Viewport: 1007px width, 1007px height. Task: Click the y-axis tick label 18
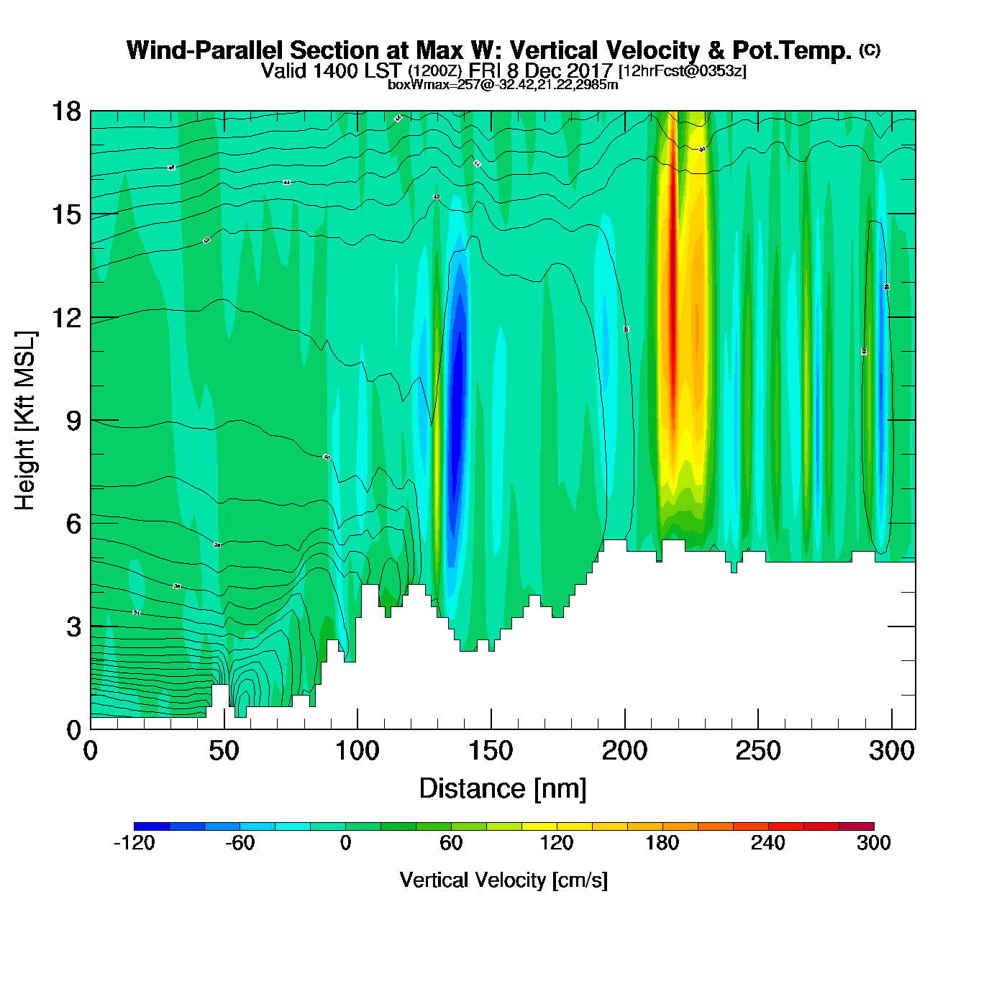pos(65,111)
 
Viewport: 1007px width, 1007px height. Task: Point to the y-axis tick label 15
pos(65,214)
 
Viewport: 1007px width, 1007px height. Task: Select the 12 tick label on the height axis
pos(65,317)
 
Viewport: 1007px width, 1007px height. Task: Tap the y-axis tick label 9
pos(73,421)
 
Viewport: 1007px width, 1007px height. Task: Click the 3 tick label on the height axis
pos(73,626)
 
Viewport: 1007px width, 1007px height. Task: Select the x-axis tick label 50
pos(224,752)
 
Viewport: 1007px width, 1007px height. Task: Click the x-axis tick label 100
pos(357,752)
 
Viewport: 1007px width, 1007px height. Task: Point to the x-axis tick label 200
pos(624,752)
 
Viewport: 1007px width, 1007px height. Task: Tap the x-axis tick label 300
pos(891,752)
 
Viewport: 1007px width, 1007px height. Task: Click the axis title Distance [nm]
pos(503,789)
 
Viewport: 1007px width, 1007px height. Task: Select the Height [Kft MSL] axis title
pos(25,421)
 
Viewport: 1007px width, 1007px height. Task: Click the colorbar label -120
pos(135,843)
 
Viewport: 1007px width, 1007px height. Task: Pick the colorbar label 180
pos(662,843)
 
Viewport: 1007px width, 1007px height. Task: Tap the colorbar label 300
pos(873,843)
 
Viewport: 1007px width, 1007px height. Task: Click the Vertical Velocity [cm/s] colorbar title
pos(503,880)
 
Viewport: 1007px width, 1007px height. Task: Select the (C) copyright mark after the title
pos(870,50)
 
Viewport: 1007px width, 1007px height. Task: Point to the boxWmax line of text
pos(503,84)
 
